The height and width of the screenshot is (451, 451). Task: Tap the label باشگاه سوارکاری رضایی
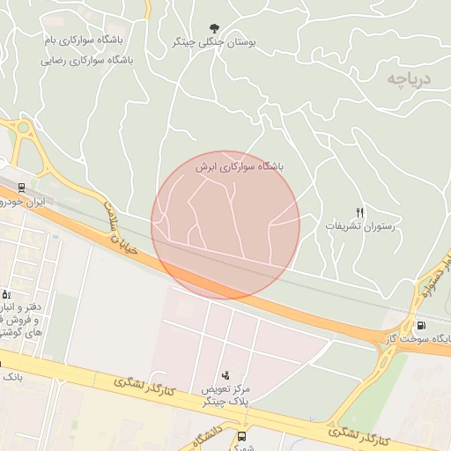[88, 62]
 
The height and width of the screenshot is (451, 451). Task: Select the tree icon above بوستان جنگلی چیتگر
[215, 28]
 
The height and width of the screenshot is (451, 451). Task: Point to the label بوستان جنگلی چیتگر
[215, 41]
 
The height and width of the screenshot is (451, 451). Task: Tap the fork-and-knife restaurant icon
[359, 212]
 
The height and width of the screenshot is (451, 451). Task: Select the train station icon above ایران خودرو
[20, 188]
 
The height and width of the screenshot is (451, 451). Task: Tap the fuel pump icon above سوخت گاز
[420, 326]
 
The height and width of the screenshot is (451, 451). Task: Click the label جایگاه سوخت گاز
[419, 338]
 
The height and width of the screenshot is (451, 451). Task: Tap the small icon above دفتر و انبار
[5, 294]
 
